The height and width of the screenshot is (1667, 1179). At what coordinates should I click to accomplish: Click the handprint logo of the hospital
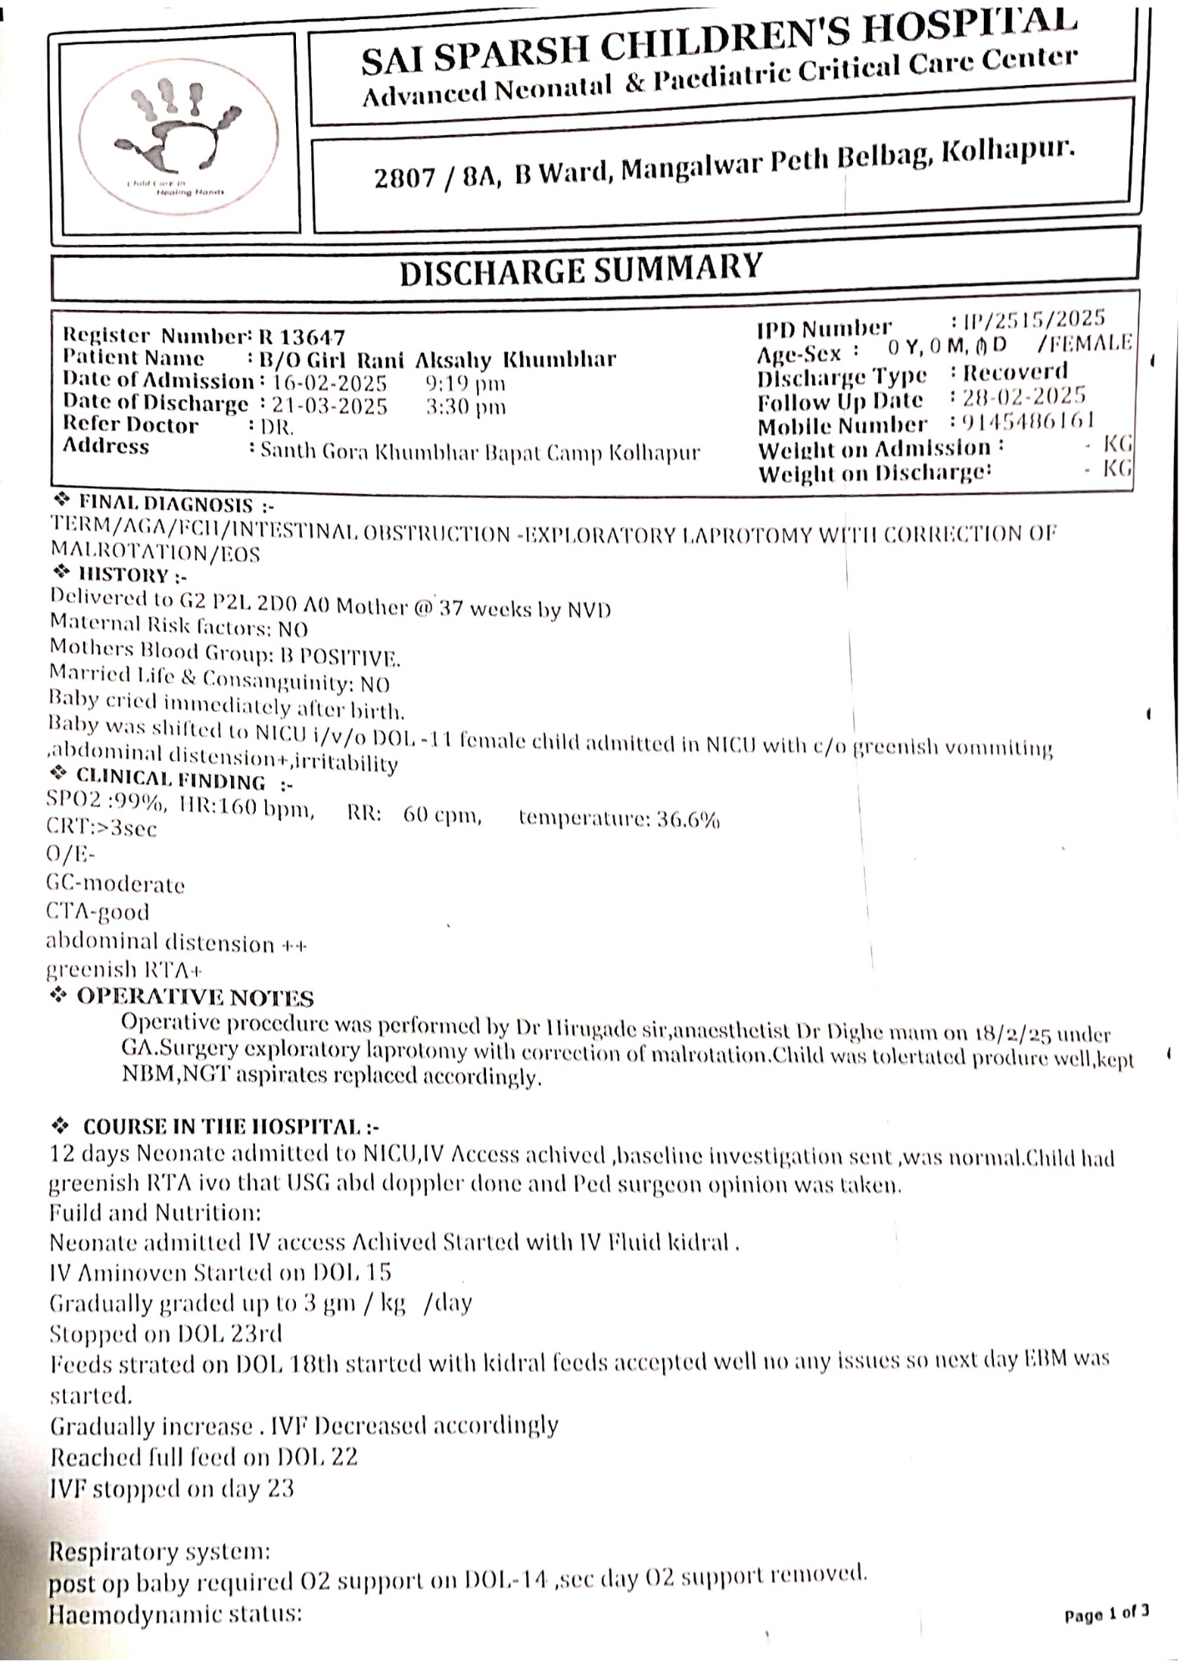179,133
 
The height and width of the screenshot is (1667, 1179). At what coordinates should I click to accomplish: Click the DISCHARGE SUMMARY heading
580,270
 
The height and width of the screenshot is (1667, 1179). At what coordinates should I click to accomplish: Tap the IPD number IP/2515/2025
1034,319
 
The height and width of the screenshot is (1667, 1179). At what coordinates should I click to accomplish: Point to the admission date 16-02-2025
329,383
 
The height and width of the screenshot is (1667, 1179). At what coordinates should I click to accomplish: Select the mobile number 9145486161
1028,421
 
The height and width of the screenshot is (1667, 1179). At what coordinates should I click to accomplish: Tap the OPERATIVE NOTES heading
194,998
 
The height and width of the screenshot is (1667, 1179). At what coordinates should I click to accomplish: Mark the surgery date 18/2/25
1010,1034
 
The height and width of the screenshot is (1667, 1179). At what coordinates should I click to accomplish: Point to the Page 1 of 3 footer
1106,1614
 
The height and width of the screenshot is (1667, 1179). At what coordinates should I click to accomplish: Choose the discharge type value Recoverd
1015,372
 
